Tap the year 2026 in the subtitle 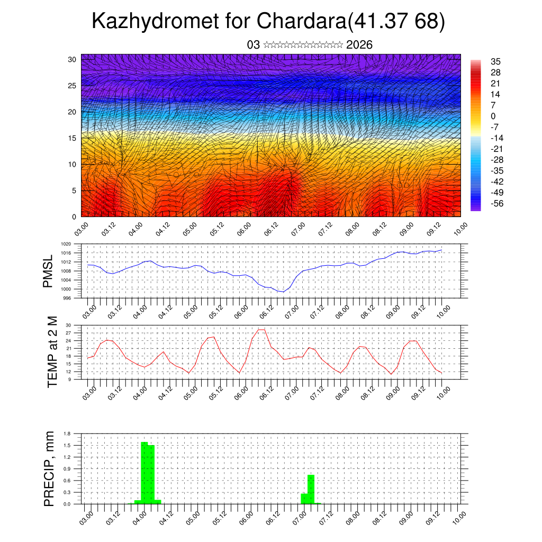point(359,45)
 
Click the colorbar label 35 point(496,61)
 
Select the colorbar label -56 point(496,203)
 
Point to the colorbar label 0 point(493,116)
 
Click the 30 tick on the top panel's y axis point(73,59)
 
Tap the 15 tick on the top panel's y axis point(73,138)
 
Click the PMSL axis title point(48,271)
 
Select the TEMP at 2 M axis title point(52,351)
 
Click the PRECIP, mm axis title point(49,468)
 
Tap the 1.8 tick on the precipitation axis point(68,433)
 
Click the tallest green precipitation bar point(144,472)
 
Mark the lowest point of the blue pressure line point(283,292)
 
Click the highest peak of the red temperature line point(261,330)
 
